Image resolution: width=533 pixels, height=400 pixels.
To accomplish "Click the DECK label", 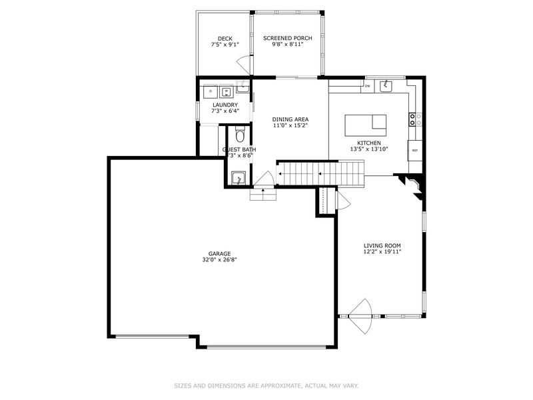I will (225, 38).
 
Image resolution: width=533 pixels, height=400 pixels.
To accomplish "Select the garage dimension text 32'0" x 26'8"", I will (219, 260).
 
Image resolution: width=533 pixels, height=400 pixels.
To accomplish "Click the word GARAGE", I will (219, 253).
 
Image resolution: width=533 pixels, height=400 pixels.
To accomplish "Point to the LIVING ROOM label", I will (382, 245).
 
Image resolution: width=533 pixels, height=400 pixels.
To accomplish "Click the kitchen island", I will (365, 125).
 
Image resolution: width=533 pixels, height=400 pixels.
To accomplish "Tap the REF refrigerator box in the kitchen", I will (414, 150).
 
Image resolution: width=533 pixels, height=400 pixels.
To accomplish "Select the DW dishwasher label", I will (367, 86).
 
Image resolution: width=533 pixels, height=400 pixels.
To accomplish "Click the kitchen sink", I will (385, 85).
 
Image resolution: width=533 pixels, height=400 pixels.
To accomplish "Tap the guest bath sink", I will (237, 179).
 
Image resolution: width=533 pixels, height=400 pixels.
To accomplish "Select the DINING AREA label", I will (290, 119).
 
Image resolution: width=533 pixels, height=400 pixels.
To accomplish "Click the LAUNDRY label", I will (225, 105).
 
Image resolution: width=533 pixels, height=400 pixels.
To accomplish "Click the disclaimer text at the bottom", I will (266, 385).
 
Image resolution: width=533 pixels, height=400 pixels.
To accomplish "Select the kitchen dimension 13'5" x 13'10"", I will (368, 149).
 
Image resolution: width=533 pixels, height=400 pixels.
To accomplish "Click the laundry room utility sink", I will (242, 87).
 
